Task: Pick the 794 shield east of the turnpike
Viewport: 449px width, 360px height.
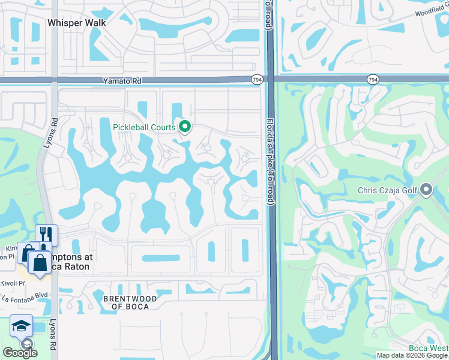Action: pos(373,79)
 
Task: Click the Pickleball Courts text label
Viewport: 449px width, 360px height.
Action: pos(144,127)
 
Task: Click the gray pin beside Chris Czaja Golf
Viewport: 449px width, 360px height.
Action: pos(426,190)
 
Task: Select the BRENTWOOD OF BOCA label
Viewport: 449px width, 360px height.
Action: pos(130,302)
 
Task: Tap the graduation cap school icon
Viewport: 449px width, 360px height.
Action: pos(21,326)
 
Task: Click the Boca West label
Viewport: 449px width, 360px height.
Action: pos(429,348)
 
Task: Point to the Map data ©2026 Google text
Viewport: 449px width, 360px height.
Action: pos(412,356)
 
